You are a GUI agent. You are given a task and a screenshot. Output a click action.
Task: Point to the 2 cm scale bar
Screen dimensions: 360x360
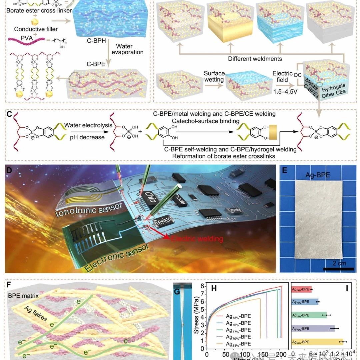click(338, 268)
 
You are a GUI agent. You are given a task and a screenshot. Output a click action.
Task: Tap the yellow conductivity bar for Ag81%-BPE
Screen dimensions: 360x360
click(317, 342)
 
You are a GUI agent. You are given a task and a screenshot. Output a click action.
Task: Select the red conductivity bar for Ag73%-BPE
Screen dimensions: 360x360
click(302, 289)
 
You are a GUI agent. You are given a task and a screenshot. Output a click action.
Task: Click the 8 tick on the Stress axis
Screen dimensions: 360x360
click(203, 286)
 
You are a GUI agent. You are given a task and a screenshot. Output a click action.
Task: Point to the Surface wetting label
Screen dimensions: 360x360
click(214, 77)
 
